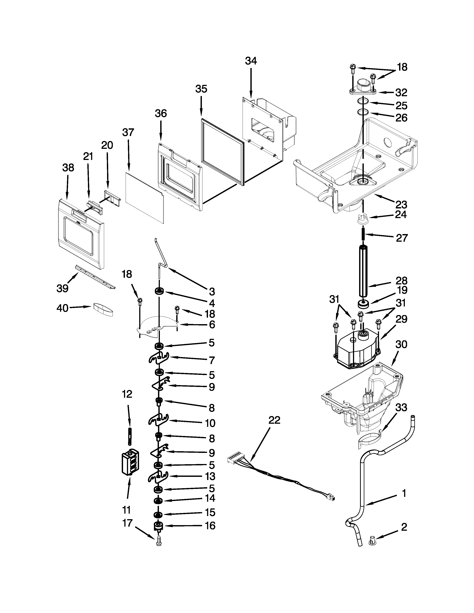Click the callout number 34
click(x=251, y=61)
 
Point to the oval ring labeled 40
click(x=103, y=310)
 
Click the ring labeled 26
click(x=363, y=112)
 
